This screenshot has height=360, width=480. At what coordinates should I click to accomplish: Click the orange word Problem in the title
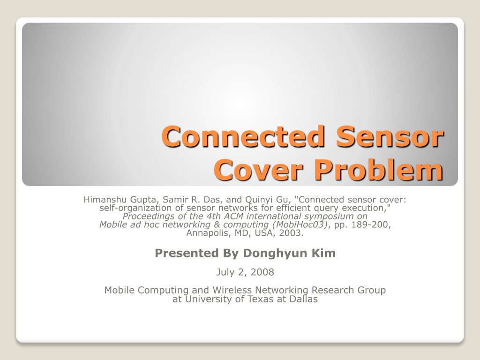click(379, 169)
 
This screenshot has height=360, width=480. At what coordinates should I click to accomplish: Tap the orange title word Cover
click(259, 170)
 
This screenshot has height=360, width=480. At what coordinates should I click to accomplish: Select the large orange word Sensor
click(390, 136)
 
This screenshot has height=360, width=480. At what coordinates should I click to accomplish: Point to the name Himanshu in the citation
click(105, 200)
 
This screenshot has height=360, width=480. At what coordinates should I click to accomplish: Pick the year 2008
click(263, 272)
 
